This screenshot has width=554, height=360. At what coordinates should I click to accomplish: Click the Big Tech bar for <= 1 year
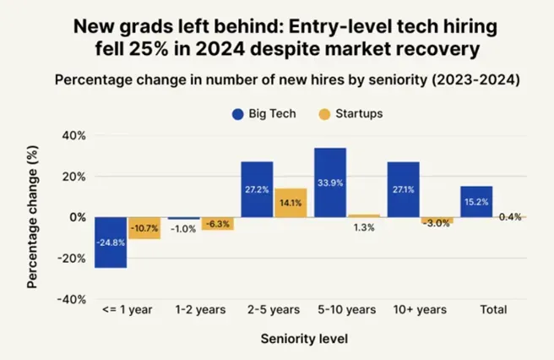[111, 243]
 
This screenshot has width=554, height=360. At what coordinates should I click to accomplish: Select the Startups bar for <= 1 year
[144, 228]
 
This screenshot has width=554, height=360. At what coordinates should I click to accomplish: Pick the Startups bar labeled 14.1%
[290, 203]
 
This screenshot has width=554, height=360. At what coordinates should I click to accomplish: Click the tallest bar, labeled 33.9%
[330, 183]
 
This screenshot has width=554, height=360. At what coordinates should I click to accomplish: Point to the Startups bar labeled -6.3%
[217, 224]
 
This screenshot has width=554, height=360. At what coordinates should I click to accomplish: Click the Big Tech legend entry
[263, 113]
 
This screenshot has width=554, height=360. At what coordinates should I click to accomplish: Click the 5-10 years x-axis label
[346, 310]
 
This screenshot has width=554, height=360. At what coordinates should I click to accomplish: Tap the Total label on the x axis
[493, 310]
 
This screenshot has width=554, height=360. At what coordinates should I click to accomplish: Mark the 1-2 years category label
[200, 310]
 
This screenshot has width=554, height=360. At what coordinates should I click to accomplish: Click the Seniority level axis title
[304, 339]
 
